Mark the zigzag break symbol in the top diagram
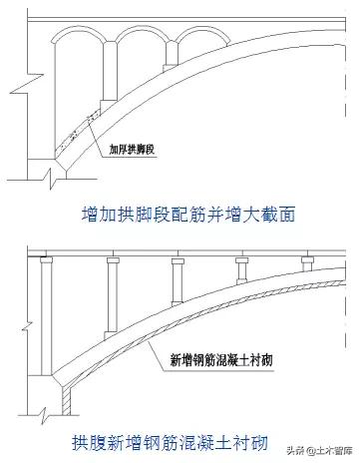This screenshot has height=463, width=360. tap(35, 179)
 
